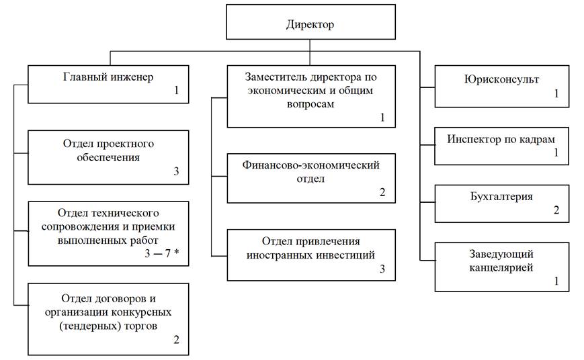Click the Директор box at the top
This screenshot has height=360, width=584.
pos(310,22)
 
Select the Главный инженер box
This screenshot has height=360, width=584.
pos(108,85)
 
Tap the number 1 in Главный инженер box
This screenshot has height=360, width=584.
pos(177,91)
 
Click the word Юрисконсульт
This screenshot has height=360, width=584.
pos(501,80)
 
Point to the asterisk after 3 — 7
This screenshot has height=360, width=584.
pos(177,252)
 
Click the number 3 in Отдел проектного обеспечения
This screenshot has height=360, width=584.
pos(176,171)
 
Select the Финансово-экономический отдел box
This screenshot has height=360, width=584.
pos(311,179)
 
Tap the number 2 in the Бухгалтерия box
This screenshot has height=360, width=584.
pos(556,210)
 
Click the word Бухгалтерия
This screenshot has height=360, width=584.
pos(501,197)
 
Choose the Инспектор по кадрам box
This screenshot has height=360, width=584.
pos(502,146)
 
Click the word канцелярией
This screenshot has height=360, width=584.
pos(501,268)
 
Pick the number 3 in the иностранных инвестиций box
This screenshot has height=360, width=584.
pos(382,269)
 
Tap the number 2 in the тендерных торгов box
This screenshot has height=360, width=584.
pos(177,340)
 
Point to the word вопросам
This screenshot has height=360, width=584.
pos(310,104)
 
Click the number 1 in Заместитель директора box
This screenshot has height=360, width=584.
pos(382,118)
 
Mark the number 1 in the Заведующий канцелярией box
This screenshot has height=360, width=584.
pos(556,281)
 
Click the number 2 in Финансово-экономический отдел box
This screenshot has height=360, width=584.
pos(382,193)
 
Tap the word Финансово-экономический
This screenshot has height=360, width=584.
pos(311,165)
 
